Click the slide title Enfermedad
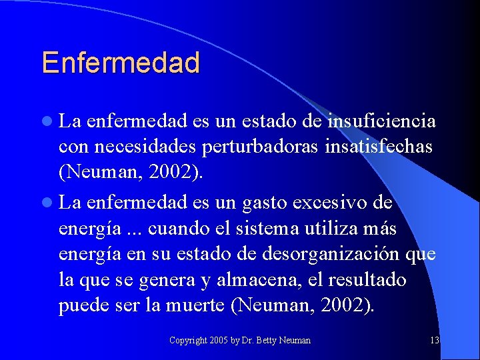121,63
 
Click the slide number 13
435,341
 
